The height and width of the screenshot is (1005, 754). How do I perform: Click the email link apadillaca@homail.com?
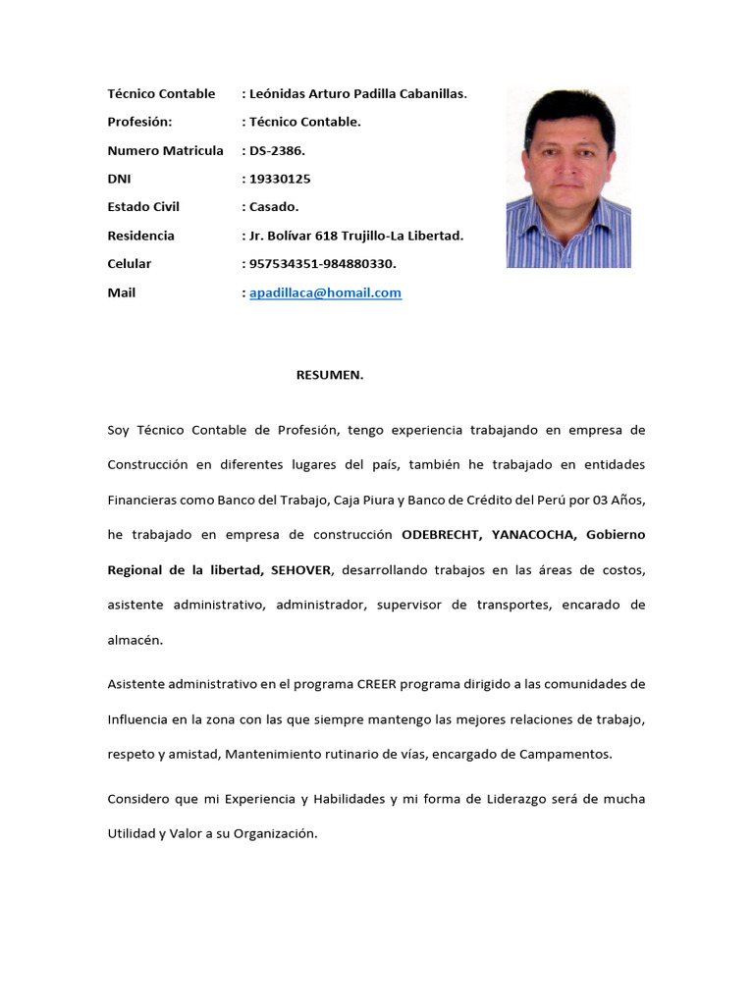325,292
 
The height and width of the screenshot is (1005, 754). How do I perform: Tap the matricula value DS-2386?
279,150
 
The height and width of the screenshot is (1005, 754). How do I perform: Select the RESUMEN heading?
330,374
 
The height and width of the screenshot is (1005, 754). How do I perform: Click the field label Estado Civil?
143,207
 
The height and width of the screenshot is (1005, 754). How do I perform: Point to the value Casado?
274,207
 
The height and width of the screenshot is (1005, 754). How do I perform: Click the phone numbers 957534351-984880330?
324,264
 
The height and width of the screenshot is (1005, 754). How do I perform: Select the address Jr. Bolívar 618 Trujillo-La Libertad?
356,236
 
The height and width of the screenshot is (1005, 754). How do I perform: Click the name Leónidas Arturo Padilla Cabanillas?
358,93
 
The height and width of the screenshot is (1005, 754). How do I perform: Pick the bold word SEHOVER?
303,570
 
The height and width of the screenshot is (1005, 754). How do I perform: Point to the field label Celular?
130,264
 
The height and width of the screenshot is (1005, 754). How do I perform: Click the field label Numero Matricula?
165,150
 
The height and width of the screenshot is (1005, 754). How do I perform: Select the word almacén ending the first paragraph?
134,640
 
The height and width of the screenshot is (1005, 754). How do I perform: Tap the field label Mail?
122,292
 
